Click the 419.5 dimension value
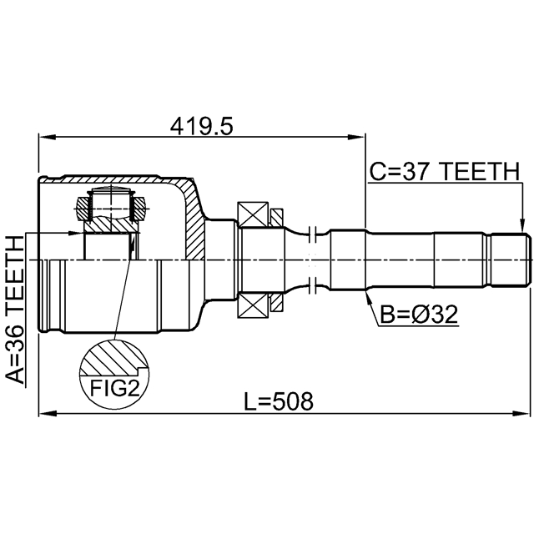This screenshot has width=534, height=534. tap(202, 126)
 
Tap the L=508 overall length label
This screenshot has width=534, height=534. tap(279, 401)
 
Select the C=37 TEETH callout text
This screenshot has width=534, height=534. tap(445, 171)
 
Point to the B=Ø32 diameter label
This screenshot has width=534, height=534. tap(419, 315)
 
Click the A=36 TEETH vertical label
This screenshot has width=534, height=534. tap(15, 310)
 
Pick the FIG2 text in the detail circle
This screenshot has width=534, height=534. tap(115, 389)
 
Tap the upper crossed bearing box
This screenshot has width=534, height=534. tap(253, 214)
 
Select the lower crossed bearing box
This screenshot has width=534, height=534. tap(253, 305)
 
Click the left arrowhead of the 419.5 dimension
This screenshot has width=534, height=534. tap(47, 137)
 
